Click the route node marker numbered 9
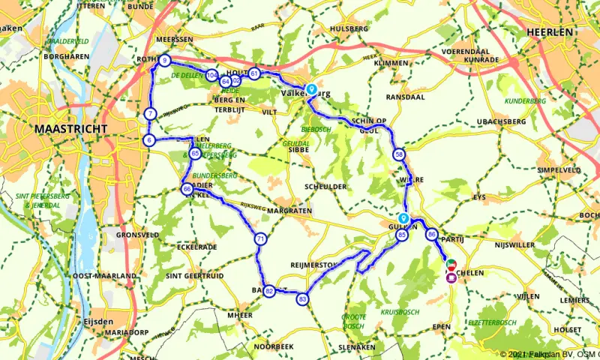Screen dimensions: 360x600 165,61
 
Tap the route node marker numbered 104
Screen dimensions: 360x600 212,76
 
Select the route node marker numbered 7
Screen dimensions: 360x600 151,114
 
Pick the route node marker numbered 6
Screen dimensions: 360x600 149,140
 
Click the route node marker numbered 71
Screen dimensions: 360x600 260,239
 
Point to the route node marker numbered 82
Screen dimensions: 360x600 268,291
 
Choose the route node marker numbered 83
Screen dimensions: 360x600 303,298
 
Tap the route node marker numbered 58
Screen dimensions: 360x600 398,154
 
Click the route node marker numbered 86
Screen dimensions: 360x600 431,234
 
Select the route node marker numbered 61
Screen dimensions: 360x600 254,73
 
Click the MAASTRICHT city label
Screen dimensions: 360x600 67,130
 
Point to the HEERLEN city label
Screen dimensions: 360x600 550,32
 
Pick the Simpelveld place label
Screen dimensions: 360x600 560,170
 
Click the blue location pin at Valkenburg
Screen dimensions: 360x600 310,88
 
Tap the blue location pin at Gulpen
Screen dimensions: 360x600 403,217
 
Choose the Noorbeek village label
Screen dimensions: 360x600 271,347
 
